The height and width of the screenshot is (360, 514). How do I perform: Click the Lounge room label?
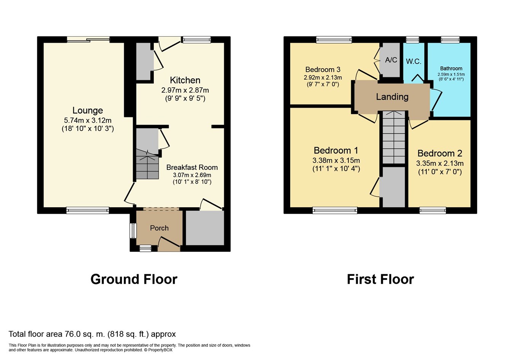pos(88,110)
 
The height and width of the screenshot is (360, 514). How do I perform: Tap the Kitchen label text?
pos(185,80)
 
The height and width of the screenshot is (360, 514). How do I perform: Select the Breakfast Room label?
pos(192,167)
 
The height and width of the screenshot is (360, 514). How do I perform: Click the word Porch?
pos(159,228)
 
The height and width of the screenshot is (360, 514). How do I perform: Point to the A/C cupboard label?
pos(391,60)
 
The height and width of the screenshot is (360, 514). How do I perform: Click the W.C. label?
pos(413,61)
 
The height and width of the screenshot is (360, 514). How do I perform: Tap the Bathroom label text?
pos(451,69)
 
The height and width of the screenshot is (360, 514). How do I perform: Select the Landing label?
pos(392,97)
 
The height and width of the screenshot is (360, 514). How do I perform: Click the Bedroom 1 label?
pos(336,150)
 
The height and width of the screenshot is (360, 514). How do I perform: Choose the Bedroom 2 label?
pos(440,153)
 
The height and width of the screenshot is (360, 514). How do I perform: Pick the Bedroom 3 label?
pos(323,69)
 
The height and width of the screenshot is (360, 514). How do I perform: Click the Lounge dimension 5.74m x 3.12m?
pos(88,120)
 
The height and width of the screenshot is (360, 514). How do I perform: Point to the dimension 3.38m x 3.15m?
pos(336,160)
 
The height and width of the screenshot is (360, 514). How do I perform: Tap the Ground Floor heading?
pos(134,279)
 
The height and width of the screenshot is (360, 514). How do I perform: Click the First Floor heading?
pos(380,279)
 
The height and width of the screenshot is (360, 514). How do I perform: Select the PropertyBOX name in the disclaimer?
pos(160,350)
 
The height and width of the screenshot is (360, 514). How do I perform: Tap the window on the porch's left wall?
pos(133,231)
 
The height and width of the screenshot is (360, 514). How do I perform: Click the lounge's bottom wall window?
pos(88,210)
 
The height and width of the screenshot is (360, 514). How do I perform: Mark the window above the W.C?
pos(412,40)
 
